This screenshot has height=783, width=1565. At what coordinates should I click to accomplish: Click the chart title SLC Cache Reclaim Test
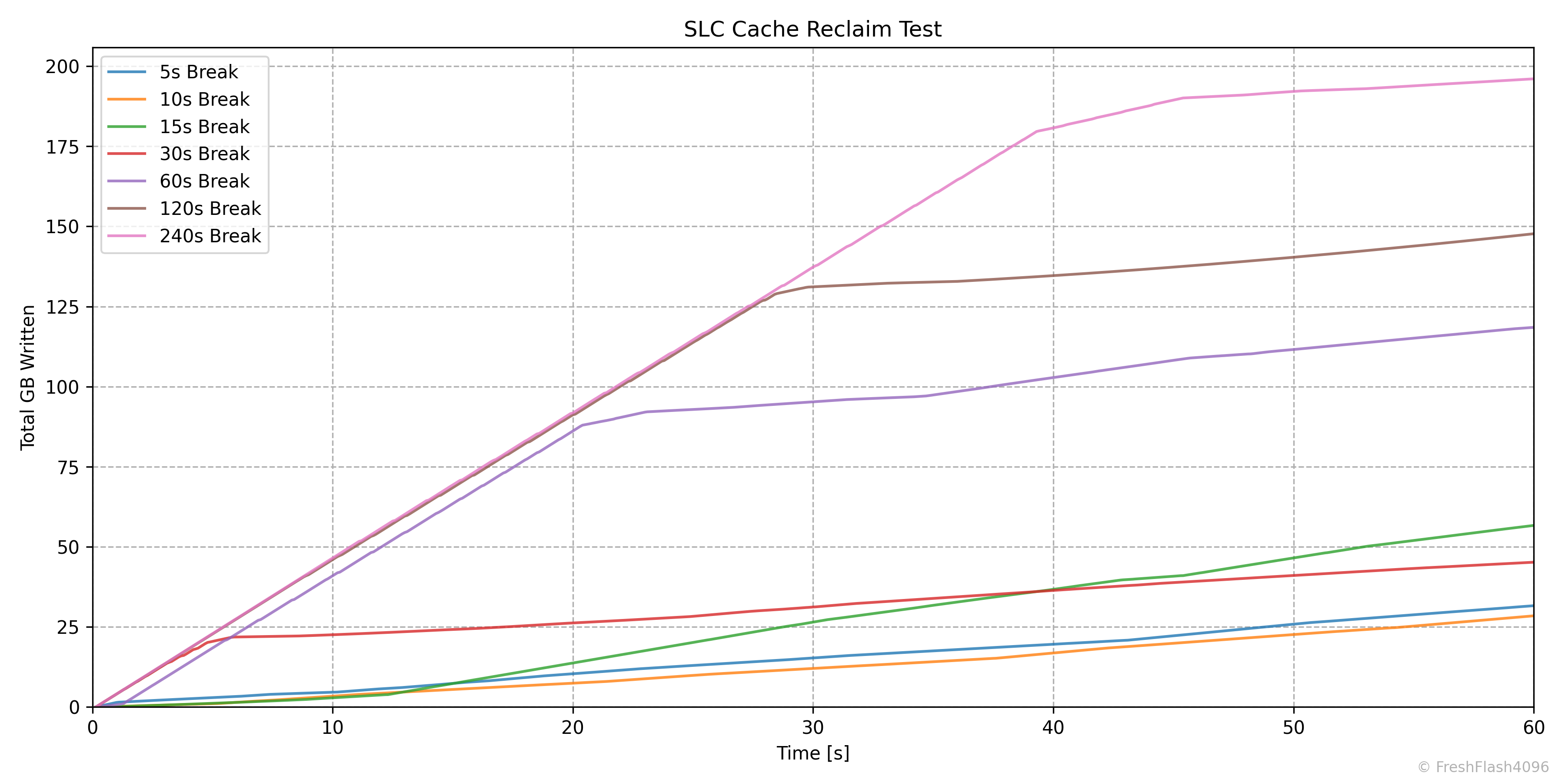tap(812, 29)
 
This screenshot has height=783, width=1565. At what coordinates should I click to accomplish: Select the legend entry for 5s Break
tap(198, 72)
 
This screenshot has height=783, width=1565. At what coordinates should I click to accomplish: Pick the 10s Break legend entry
tap(204, 100)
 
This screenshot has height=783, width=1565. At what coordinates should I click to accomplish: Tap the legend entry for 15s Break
tap(204, 127)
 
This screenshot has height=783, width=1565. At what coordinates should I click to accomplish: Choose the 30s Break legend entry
tap(204, 154)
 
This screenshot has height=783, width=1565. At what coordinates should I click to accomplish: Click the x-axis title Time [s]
tap(812, 753)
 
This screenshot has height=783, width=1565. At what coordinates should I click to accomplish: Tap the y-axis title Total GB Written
tap(28, 378)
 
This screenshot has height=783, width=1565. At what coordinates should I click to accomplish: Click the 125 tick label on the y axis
tap(63, 307)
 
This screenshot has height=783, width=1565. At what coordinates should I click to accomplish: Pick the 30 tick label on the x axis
tap(813, 728)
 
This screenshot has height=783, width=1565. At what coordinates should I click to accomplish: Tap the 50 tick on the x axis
tap(1293, 728)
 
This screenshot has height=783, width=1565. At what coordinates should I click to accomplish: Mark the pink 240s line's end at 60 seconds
tap(1533, 79)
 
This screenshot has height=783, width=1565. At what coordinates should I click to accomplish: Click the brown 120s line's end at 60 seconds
tap(1533, 234)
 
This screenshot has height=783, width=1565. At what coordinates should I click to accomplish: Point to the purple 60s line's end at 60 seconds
tap(1533, 328)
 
